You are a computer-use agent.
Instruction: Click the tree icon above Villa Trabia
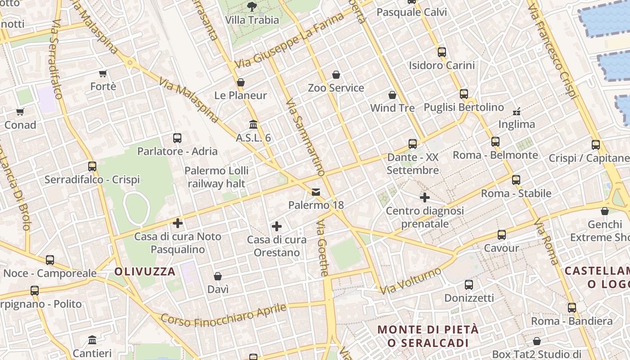[x=252, y=7]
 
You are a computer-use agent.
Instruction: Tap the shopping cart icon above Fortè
[x=103, y=73]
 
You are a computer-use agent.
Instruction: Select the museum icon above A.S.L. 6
[x=253, y=124]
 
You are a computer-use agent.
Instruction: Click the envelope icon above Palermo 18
[x=316, y=192]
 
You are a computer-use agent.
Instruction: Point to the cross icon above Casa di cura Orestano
[x=277, y=226]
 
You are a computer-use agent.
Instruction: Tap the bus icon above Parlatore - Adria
[x=177, y=138]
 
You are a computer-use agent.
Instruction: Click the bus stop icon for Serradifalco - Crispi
[x=92, y=166]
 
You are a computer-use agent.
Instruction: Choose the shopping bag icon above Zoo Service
[x=336, y=75]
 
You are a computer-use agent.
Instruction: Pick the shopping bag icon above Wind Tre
[x=392, y=95]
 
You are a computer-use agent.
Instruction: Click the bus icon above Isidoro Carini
[x=441, y=52]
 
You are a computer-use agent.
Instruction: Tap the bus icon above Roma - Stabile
[x=516, y=180]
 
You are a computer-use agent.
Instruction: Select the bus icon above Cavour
[x=501, y=235]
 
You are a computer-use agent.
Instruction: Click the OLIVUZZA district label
[x=144, y=271]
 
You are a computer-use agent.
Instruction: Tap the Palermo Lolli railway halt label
[x=217, y=177]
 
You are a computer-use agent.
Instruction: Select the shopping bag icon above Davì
[x=218, y=276]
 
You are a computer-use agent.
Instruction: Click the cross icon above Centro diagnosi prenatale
[x=424, y=198]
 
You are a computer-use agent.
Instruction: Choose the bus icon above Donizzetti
[x=469, y=285]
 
